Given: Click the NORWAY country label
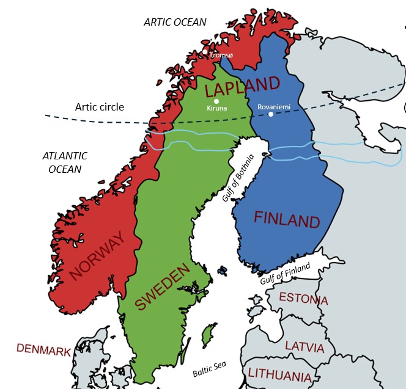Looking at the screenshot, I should (102, 256).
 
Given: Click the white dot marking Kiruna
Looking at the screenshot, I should (216, 101).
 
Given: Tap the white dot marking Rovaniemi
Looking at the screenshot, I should (271, 114).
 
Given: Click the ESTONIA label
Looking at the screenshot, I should (303, 299).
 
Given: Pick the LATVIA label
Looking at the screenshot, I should (304, 347).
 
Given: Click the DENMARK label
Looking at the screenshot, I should (43, 349).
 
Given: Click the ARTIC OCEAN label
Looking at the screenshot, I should (175, 22).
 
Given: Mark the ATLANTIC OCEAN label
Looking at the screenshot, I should (65, 162).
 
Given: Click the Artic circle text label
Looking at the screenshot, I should (99, 107).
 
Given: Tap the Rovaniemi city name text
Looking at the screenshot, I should (274, 106).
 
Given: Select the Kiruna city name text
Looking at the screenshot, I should (217, 109).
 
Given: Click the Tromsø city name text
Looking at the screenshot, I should (221, 55).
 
